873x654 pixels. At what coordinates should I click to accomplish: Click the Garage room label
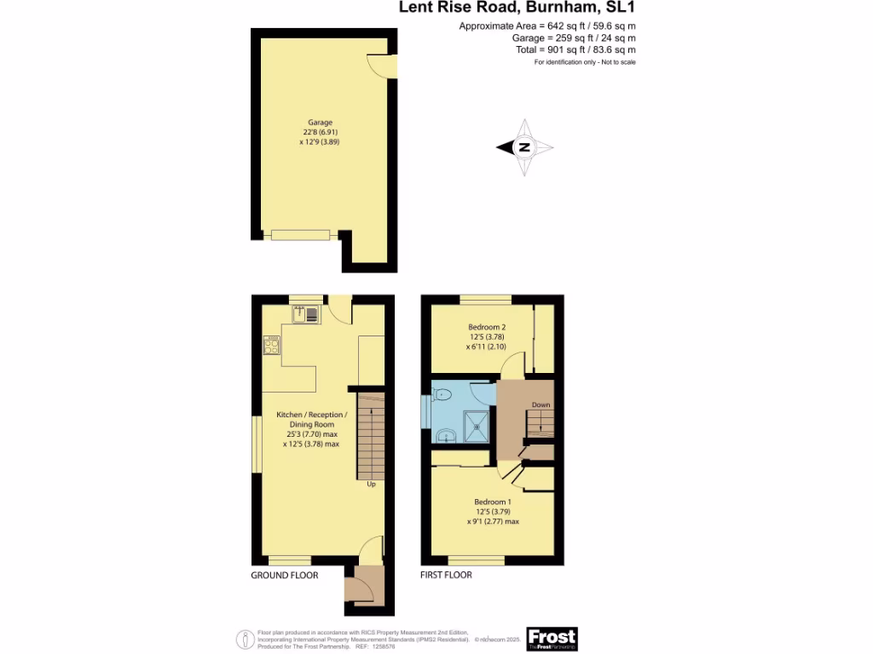coord(321,122)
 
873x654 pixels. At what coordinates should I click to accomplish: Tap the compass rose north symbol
coord(525,147)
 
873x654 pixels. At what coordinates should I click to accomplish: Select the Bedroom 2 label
coord(488,327)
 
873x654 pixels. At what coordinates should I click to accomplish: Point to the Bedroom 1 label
coord(493,502)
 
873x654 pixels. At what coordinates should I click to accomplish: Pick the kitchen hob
coord(272,347)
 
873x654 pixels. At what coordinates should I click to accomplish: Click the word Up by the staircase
coord(371,485)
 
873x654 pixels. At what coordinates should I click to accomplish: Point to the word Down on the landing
coord(541,404)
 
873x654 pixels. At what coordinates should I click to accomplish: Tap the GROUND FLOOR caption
coord(284,576)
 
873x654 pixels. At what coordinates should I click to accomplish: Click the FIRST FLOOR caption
coord(446,575)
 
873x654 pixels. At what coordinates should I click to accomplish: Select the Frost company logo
coord(552,638)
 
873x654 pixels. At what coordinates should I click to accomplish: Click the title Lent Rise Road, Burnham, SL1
coord(517,9)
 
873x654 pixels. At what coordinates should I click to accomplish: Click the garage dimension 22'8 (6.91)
coord(321,132)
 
